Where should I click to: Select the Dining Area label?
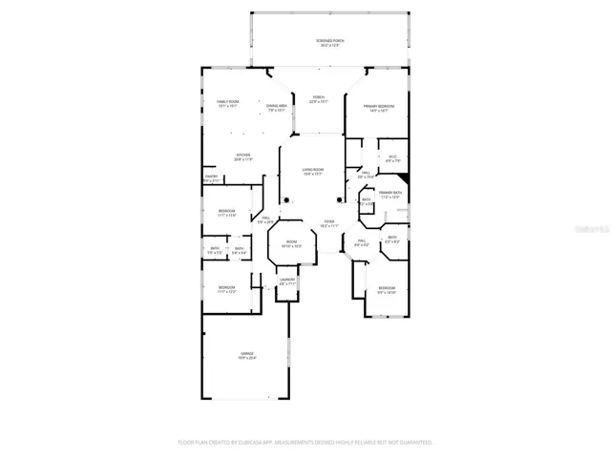tap(278, 107)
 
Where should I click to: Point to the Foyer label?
tap(327, 223)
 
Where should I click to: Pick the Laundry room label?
tap(287, 281)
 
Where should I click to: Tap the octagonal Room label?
tap(291, 243)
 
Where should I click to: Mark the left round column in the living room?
tap(284, 199)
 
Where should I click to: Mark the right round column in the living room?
tap(339, 199)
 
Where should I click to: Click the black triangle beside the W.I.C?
tap(404, 178)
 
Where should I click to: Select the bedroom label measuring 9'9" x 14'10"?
tap(387, 289)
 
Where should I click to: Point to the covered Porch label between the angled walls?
tap(319, 98)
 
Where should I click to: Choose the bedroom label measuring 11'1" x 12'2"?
tap(226, 289)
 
